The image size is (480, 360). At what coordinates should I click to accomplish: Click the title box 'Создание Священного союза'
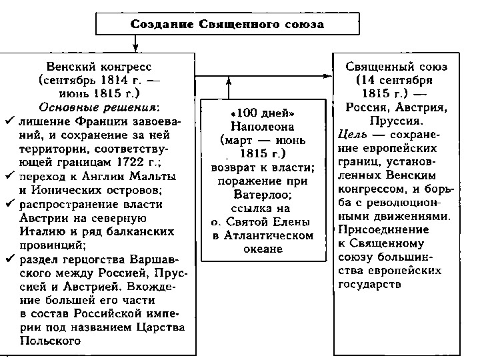(x=227, y=25)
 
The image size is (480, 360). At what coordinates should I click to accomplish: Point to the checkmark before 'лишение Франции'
(x=9, y=120)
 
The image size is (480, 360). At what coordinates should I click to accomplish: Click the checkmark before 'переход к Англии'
(x=9, y=176)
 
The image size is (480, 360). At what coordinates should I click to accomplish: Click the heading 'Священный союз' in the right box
(x=396, y=67)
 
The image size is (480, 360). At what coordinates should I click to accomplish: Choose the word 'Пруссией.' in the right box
(x=396, y=121)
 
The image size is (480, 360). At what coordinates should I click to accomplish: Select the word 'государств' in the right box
(x=370, y=285)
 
